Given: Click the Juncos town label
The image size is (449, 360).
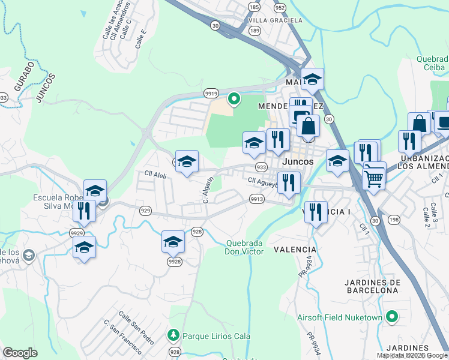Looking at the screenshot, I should click(x=298, y=162).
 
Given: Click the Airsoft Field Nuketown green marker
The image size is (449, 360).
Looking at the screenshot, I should click(x=393, y=316).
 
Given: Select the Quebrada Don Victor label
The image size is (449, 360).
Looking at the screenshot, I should click(x=244, y=247).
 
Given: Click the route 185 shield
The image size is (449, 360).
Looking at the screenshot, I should click(x=254, y=7).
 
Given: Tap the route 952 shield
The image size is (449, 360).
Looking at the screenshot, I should click(x=280, y=7).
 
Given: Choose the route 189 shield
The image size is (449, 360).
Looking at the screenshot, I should click(x=254, y=30).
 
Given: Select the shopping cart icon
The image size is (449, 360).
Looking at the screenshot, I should click(x=374, y=177).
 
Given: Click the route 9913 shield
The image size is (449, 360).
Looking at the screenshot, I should click(x=257, y=199).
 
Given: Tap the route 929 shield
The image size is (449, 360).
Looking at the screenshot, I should click(x=145, y=211).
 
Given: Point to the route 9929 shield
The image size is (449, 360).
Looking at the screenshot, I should click(x=76, y=233).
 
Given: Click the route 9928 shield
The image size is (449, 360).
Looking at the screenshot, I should click(x=174, y=261).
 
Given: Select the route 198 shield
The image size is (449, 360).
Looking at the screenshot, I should click(x=394, y=220).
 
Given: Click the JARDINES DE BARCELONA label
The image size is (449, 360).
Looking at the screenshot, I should click(x=372, y=286).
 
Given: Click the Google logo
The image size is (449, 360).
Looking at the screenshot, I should click(x=20, y=353).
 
